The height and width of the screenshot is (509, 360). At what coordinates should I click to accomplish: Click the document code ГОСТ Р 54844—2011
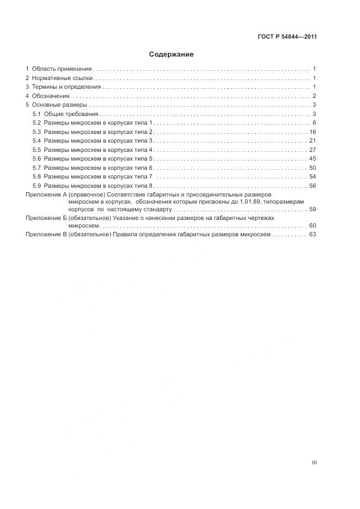(287, 37)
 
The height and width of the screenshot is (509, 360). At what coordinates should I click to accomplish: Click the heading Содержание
(171, 55)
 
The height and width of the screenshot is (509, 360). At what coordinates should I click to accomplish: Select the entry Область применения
(62, 69)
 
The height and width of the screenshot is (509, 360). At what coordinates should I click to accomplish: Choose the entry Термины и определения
(66, 87)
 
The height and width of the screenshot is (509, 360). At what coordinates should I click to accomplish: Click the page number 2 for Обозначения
(315, 96)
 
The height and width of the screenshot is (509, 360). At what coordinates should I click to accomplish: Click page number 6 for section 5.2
(315, 123)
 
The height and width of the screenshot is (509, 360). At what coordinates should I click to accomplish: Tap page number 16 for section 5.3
(313, 132)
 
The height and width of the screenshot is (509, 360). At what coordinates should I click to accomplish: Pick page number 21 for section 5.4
(313, 141)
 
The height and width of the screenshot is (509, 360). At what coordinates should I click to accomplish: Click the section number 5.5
(36, 150)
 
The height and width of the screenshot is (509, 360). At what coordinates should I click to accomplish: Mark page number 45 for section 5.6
(313, 159)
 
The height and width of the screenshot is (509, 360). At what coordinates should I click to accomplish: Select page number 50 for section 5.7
(313, 168)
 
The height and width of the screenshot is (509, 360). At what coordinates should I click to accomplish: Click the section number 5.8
(36, 177)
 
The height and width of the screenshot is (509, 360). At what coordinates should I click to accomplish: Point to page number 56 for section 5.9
(313, 186)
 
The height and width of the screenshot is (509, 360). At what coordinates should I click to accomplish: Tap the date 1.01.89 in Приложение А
(251, 201)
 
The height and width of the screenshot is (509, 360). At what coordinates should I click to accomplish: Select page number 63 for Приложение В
(313, 235)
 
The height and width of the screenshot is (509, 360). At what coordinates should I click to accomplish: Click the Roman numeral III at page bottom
(314, 463)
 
